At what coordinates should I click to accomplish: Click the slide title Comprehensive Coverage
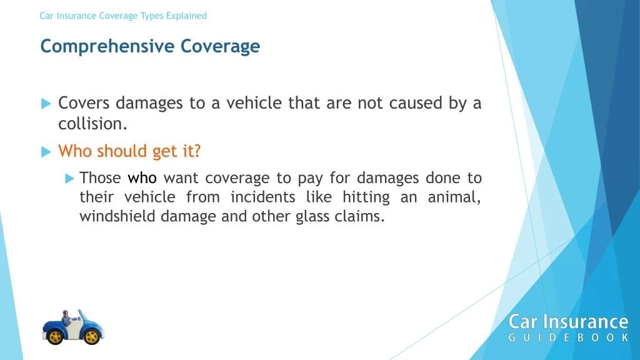(x=149, y=46)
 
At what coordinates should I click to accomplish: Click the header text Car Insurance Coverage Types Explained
(x=123, y=16)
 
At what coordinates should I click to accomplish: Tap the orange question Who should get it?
(x=129, y=151)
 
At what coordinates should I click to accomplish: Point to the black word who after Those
(x=142, y=178)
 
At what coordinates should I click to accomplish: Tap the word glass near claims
(x=315, y=217)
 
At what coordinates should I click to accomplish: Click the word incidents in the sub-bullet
(x=262, y=197)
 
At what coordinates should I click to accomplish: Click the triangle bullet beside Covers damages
(x=46, y=104)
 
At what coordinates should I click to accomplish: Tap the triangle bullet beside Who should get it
(x=46, y=152)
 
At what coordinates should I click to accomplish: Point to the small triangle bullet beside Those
(x=70, y=179)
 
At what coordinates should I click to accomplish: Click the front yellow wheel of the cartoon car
(x=91, y=337)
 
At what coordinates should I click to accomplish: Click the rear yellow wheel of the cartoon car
(x=55, y=337)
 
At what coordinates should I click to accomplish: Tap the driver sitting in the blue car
(x=66, y=317)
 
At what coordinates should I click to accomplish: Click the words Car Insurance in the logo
(x=567, y=322)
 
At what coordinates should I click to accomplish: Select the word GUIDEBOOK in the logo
(x=567, y=338)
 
